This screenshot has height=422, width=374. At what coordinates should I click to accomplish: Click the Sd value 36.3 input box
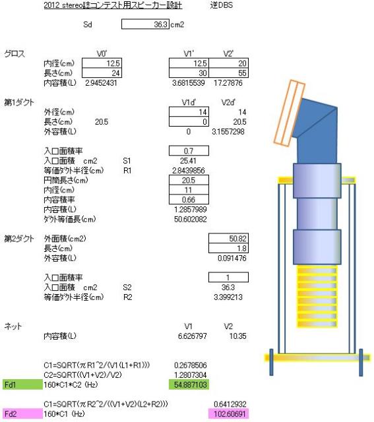[145, 24]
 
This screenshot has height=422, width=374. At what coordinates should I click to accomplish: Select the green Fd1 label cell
[22, 384]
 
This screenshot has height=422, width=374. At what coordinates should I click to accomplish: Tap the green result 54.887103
[189, 384]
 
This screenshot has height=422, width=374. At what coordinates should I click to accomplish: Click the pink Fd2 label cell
[22, 413]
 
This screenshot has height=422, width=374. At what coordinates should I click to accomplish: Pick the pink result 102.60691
[229, 413]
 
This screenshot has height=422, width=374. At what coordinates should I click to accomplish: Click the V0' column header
[102, 54]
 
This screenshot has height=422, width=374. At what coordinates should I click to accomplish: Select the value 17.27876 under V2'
[228, 83]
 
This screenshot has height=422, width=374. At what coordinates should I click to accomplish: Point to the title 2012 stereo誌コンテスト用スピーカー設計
[113, 5]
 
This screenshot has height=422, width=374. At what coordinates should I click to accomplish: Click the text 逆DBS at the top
[222, 5]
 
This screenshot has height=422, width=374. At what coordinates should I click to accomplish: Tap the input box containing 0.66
[189, 199]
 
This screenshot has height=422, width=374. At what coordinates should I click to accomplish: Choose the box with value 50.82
[229, 239]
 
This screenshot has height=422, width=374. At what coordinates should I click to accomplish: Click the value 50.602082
[191, 219]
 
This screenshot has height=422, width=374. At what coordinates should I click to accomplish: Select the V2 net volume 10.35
[237, 336]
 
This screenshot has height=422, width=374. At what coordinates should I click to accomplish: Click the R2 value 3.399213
[228, 297]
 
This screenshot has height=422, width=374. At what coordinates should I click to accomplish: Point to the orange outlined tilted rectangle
[290, 113]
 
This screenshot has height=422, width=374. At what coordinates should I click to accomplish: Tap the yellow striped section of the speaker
[317, 297]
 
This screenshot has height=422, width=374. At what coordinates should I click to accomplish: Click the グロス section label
[15, 54]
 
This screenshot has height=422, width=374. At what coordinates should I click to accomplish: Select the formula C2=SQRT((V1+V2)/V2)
[82, 375]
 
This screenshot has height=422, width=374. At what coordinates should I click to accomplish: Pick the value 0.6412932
[230, 404]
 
